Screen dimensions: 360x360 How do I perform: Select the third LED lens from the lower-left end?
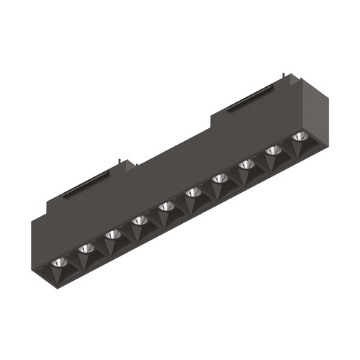(x=112, y=234)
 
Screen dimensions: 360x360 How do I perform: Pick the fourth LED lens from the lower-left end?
(x=139, y=220)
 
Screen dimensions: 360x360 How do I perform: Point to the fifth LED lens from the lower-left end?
(x=166, y=207)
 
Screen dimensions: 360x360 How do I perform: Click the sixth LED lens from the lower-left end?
(x=192, y=192)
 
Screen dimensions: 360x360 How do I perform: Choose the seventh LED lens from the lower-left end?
(x=220, y=178)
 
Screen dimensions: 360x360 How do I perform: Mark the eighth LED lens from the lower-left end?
(x=246, y=164)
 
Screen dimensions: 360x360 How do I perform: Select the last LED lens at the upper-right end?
(x=299, y=136)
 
